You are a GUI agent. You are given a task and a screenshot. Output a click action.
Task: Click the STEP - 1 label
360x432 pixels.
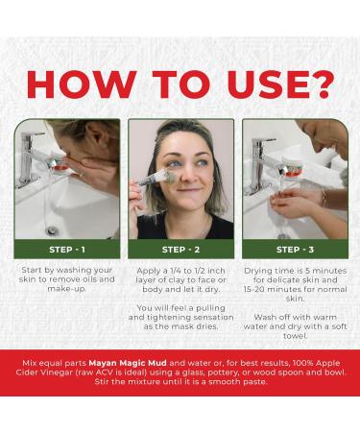[67, 250]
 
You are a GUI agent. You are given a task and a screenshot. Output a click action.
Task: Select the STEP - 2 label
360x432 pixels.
[180, 250]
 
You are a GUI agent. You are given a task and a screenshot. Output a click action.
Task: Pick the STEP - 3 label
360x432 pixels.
[295, 250]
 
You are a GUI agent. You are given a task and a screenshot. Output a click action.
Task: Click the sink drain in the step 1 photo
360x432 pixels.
[52, 230]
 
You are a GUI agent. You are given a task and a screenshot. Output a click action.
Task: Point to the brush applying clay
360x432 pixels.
[152, 179]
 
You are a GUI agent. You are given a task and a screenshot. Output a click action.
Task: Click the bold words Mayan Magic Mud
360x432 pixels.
[128, 363]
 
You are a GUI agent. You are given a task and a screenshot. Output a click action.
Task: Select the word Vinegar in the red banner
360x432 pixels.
[57, 372]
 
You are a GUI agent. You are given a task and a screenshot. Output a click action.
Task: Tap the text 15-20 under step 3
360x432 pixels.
[253, 289]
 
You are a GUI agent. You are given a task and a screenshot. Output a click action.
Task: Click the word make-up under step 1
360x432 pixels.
[67, 289]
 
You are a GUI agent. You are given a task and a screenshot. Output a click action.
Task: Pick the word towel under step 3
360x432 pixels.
[295, 336]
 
